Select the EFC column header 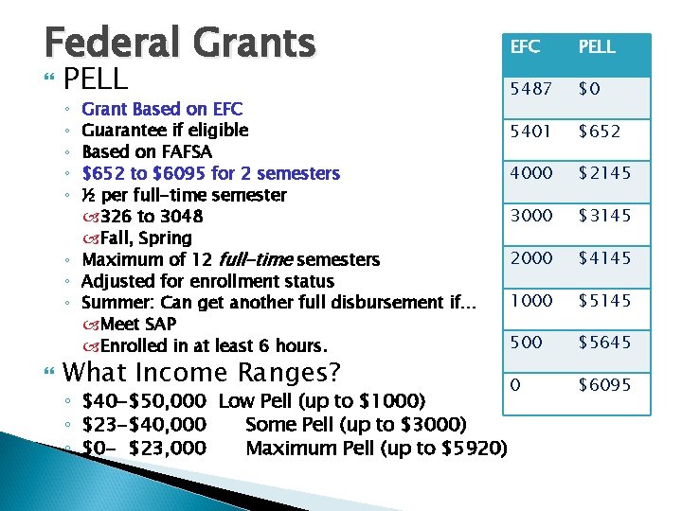click(x=525, y=46)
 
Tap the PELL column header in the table click(x=597, y=46)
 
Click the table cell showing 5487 click(x=530, y=89)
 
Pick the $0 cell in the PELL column click(x=590, y=89)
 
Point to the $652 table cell click(x=600, y=132)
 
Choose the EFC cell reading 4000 click(x=531, y=173)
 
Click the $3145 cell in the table click(x=604, y=216)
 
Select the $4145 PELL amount click(x=604, y=257)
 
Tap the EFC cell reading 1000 click(x=531, y=300)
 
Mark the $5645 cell click(x=604, y=342)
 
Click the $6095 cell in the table click(x=604, y=384)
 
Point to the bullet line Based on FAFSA click(x=147, y=151)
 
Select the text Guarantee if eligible click(x=165, y=130)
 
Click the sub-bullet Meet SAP click(x=139, y=325)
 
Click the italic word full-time click(x=256, y=259)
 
